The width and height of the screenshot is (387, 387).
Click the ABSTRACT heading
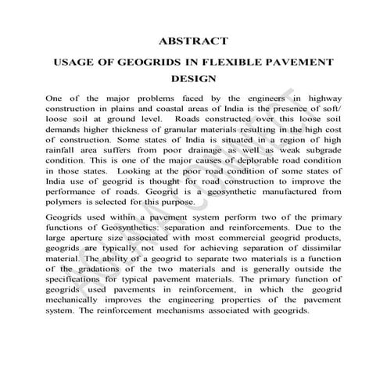point(193,40)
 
